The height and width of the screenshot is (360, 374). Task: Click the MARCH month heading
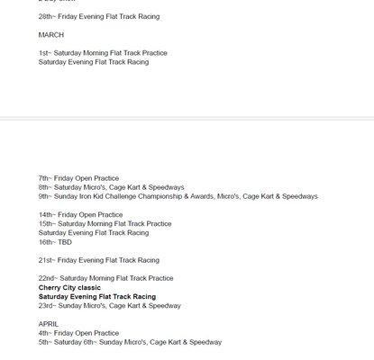(51, 34)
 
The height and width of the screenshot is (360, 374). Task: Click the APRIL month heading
(49, 324)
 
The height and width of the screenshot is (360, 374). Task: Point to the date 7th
(44, 178)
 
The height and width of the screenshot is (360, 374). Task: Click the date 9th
(44, 196)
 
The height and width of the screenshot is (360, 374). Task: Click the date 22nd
(47, 278)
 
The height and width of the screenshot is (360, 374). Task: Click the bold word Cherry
(50, 287)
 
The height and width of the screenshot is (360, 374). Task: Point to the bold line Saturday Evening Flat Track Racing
(96, 296)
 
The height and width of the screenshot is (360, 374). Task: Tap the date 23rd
(46, 306)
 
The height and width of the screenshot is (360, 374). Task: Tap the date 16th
(46, 242)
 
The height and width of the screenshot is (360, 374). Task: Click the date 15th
(46, 224)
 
